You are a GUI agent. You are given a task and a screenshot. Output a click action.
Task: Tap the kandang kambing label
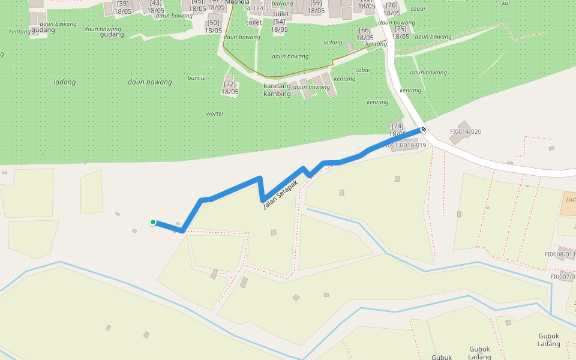[277, 90]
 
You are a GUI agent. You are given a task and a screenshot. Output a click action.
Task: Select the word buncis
[196, 78]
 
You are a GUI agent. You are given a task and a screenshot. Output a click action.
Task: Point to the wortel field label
[214, 113]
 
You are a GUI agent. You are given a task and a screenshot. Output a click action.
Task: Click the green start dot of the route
[153, 222]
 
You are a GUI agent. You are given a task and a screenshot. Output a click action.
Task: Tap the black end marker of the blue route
[424, 129]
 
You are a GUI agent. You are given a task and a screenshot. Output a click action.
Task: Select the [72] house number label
[229, 84]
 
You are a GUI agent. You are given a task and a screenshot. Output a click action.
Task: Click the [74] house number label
[397, 126]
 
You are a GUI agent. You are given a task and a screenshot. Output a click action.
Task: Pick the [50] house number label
[213, 23]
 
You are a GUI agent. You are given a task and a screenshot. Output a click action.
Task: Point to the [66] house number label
[364, 30]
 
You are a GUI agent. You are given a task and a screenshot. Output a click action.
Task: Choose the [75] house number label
[400, 29]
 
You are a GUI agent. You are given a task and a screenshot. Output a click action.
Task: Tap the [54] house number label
[279, 22]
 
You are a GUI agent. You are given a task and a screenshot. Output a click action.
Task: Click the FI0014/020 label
[466, 132]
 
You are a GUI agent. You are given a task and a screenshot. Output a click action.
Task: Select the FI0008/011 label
[560, 254]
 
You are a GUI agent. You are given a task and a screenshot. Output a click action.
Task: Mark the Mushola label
[237, 2]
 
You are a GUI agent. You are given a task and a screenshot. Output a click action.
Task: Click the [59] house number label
[316, 3]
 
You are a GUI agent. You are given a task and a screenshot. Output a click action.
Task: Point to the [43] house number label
[155, 3]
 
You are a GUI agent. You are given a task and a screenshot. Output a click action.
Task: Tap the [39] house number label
[123, 4]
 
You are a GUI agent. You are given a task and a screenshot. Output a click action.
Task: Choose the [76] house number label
[392, 5]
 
